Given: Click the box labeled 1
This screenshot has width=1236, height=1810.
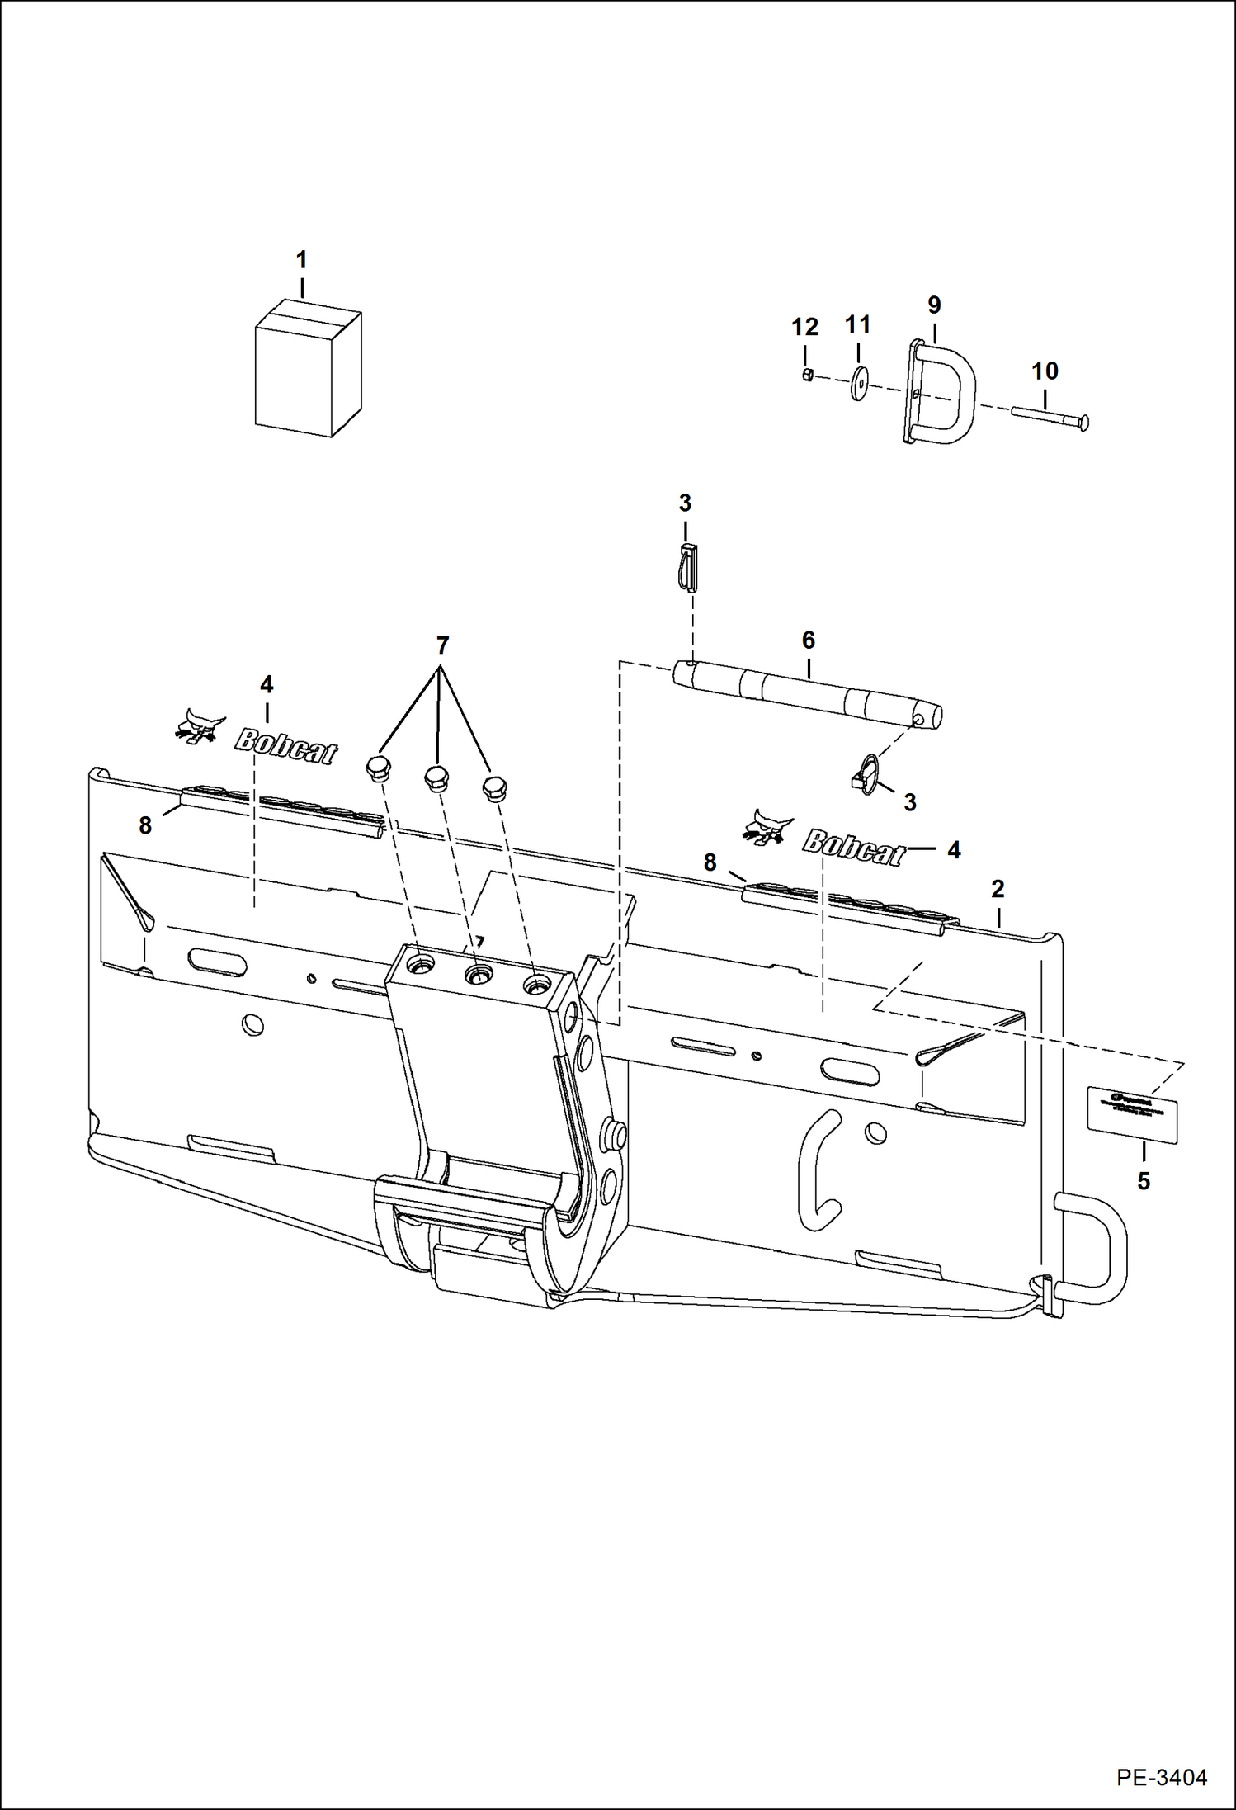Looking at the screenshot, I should pyautogui.click(x=307, y=370).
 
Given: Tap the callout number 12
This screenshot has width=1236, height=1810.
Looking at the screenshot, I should pyautogui.click(x=804, y=328).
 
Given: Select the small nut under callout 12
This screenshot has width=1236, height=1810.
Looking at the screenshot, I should pyautogui.click(x=809, y=376).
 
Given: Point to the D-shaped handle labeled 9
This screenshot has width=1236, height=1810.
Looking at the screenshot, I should pyautogui.click(x=941, y=393).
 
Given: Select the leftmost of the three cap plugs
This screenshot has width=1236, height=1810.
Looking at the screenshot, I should pyautogui.click(x=378, y=768).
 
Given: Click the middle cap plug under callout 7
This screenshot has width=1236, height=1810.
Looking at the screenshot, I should pyautogui.click(x=436, y=777).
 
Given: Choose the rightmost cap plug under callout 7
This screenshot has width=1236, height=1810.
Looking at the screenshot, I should pyautogui.click(x=493, y=787).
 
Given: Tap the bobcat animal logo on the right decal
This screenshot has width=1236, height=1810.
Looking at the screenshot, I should pyautogui.click(x=767, y=828).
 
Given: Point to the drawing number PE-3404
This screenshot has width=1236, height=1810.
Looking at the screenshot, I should pyautogui.click(x=1162, y=1777).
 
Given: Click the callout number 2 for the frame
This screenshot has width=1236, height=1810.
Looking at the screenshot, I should pyautogui.click(x=998, y=889).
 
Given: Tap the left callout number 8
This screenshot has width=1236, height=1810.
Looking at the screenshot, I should pyautogui.click(x=145, y=825).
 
